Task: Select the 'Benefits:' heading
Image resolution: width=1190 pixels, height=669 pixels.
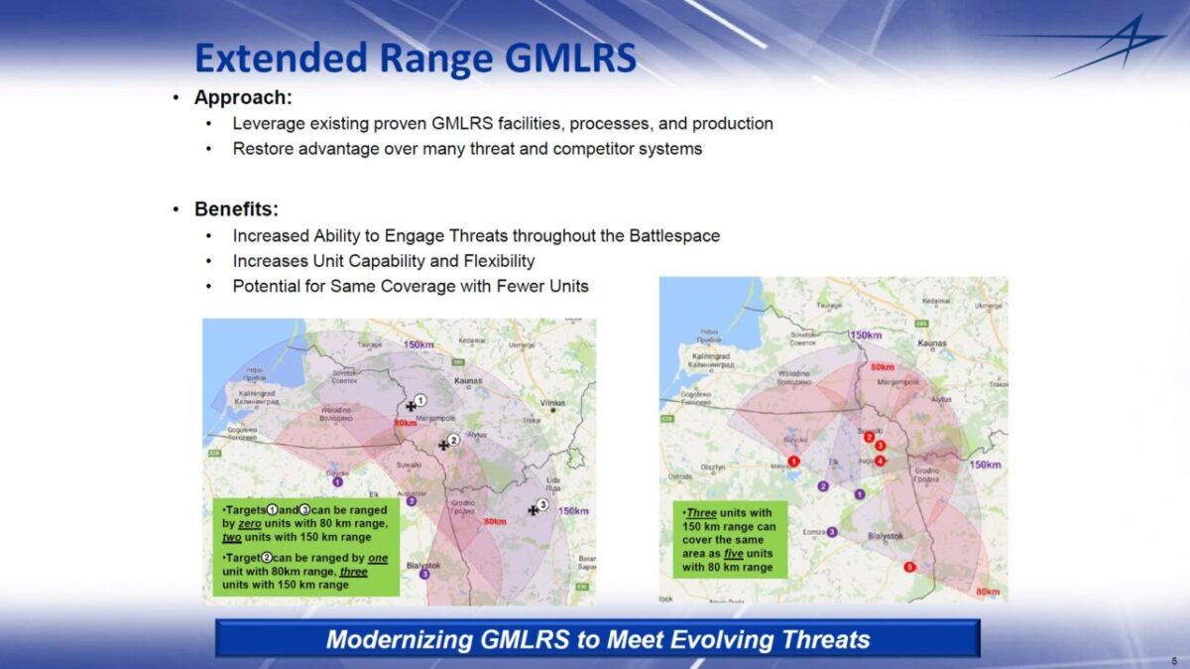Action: pos(236,209)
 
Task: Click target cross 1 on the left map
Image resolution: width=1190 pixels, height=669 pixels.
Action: pos(412,405)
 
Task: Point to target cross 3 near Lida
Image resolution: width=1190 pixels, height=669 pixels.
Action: pos(534,510)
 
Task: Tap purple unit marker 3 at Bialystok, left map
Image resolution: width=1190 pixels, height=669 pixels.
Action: pos(425,574)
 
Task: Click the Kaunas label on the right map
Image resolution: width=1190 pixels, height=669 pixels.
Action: pos(932,342)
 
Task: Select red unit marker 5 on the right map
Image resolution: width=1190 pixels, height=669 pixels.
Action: pos(909,567)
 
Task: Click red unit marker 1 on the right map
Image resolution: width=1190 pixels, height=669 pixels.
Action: pos(793,461)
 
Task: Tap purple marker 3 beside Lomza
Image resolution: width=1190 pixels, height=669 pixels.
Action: pos(832,532)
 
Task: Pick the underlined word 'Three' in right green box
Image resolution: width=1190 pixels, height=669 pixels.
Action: pos(701,513)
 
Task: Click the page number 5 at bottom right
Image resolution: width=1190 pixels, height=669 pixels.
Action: pos(1173,659)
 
